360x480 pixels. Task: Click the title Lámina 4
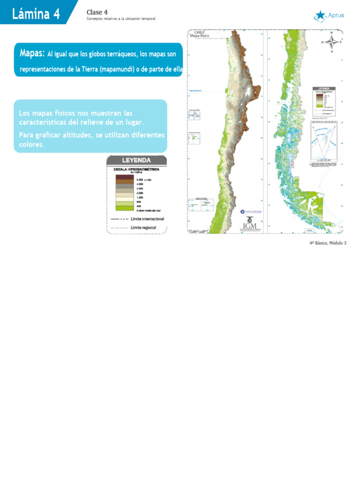36,14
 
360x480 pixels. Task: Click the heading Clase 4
97,12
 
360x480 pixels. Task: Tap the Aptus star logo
321,16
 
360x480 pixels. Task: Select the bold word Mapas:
32,54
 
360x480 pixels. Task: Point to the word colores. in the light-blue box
32,145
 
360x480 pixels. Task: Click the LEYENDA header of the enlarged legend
136,160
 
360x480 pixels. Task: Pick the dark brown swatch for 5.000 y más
125,178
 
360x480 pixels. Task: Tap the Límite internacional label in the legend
147,219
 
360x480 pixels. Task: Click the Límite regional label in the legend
143,228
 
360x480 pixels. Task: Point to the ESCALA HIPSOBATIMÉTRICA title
136,168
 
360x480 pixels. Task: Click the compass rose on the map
332,42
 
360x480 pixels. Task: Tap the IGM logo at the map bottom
251,225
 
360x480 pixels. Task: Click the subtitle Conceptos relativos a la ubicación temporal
121,19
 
